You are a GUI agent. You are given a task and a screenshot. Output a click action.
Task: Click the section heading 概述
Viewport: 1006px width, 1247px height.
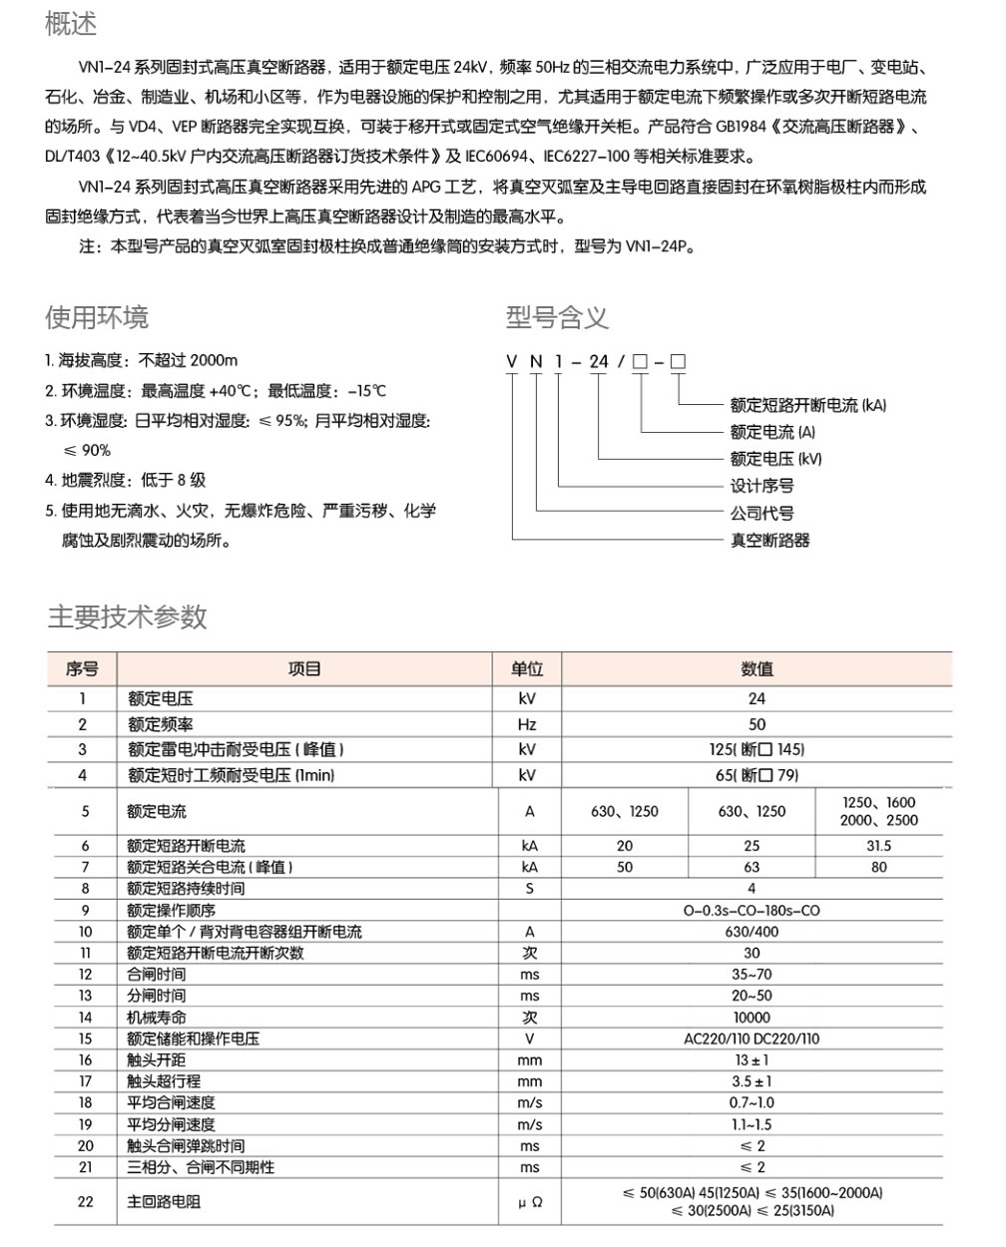coord(71,24)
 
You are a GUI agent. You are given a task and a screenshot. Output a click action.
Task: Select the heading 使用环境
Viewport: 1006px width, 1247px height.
coord(97,317)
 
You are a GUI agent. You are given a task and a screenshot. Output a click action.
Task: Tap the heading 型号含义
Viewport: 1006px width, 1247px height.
coord(557,317)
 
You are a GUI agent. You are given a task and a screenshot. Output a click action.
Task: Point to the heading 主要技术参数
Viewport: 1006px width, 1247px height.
coord(128,617)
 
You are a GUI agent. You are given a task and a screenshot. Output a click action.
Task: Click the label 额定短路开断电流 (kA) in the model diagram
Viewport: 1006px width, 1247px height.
coord(807,405)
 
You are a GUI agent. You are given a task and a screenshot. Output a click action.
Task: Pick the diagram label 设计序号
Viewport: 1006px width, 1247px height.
coord(761,486)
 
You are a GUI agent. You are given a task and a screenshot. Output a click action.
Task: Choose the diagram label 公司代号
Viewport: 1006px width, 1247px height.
coord(761,513)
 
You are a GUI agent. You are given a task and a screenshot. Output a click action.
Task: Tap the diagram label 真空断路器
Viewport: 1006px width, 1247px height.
coord(769,540)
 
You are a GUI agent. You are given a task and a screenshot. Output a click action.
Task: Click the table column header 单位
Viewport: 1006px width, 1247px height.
coord(527,668)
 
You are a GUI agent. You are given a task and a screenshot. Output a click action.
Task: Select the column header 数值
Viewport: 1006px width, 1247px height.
coord(756,668)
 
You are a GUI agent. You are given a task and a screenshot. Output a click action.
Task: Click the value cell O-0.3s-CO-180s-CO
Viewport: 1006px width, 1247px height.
coord(752,910)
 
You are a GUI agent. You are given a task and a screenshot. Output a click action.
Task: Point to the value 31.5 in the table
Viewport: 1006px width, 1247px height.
coord(878,845)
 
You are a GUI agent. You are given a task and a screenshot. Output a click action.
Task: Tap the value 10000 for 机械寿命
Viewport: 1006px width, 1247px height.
coord(752,1018)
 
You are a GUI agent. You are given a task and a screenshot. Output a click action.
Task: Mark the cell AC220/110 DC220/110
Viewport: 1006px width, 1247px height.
coord(752,1039)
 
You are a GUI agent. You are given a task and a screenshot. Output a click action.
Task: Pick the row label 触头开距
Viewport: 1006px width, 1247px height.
coord(156,1060)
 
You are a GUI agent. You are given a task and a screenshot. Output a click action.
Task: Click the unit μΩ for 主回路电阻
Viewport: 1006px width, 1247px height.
coord(530,1202)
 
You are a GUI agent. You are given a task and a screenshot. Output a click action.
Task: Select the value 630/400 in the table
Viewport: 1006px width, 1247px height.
coord(752,931)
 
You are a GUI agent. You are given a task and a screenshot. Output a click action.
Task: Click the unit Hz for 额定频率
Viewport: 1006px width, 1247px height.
coord(527,724)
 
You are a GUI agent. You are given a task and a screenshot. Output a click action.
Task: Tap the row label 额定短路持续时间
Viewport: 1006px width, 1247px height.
coord(186,888)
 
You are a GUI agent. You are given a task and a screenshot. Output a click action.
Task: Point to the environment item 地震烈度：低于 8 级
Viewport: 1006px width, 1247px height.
coord(125,480)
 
